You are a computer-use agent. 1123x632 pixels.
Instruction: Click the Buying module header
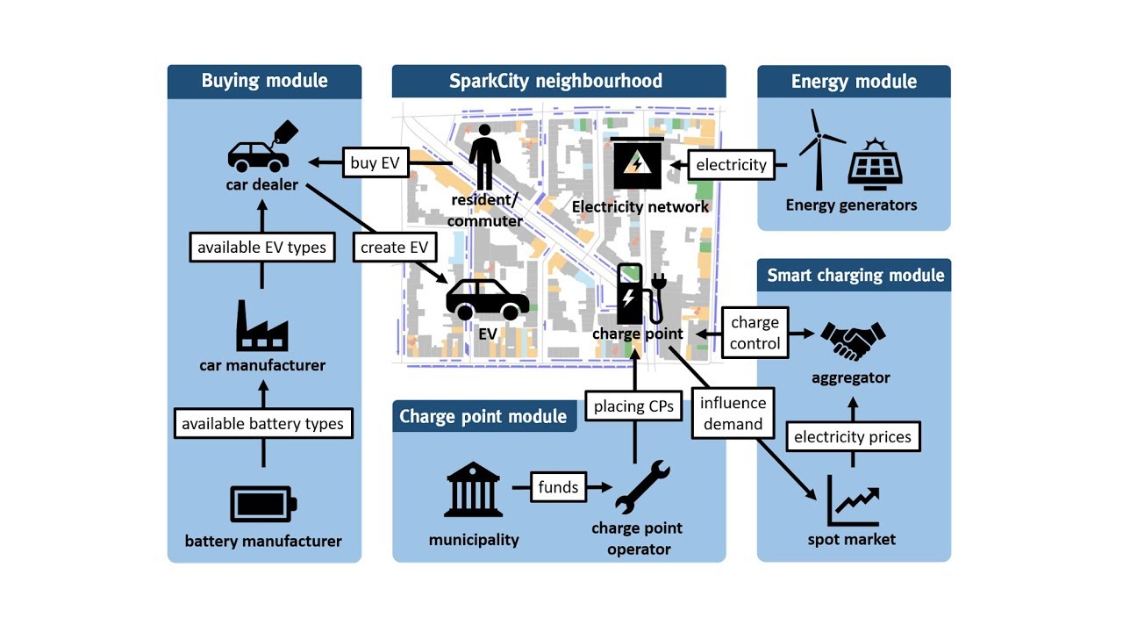tap(264, 81)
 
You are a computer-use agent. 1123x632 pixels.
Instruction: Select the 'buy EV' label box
tap(375, 162)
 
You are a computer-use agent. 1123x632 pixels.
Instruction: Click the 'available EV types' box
tap(261, 248)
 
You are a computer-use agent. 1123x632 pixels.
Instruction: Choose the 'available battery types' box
tap(262, 423)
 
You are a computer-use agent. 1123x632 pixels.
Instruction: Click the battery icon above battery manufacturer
tap(262, 504)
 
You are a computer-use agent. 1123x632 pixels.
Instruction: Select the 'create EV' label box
tap(395, 248)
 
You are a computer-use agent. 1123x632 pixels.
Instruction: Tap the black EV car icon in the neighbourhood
tap(487, 299)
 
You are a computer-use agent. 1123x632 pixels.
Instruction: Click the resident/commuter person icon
tap(484, 157)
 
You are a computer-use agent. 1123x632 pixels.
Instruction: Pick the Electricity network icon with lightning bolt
tap(638, 164)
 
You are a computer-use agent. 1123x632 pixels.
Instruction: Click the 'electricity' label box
tap(731, 164)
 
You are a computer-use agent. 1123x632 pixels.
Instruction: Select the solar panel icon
tap(876, 163)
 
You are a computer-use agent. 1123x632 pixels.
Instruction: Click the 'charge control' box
tap(755, 334)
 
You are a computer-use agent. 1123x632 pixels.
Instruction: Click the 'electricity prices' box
tap(852, 436)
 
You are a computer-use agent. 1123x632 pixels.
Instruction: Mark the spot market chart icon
tap(852, 501)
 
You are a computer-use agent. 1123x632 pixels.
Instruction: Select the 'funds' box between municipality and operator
tap(558, 486)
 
